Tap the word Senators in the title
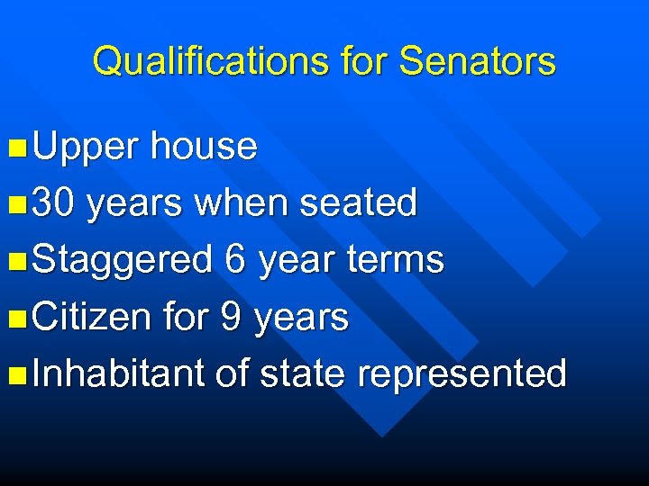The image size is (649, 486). (477, 61)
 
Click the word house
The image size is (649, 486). (204, 146)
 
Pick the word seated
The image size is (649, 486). (358, 203)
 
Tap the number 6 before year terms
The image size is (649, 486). (235, 260)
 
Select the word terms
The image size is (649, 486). (398, 260)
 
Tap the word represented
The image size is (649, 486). (462, 374)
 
